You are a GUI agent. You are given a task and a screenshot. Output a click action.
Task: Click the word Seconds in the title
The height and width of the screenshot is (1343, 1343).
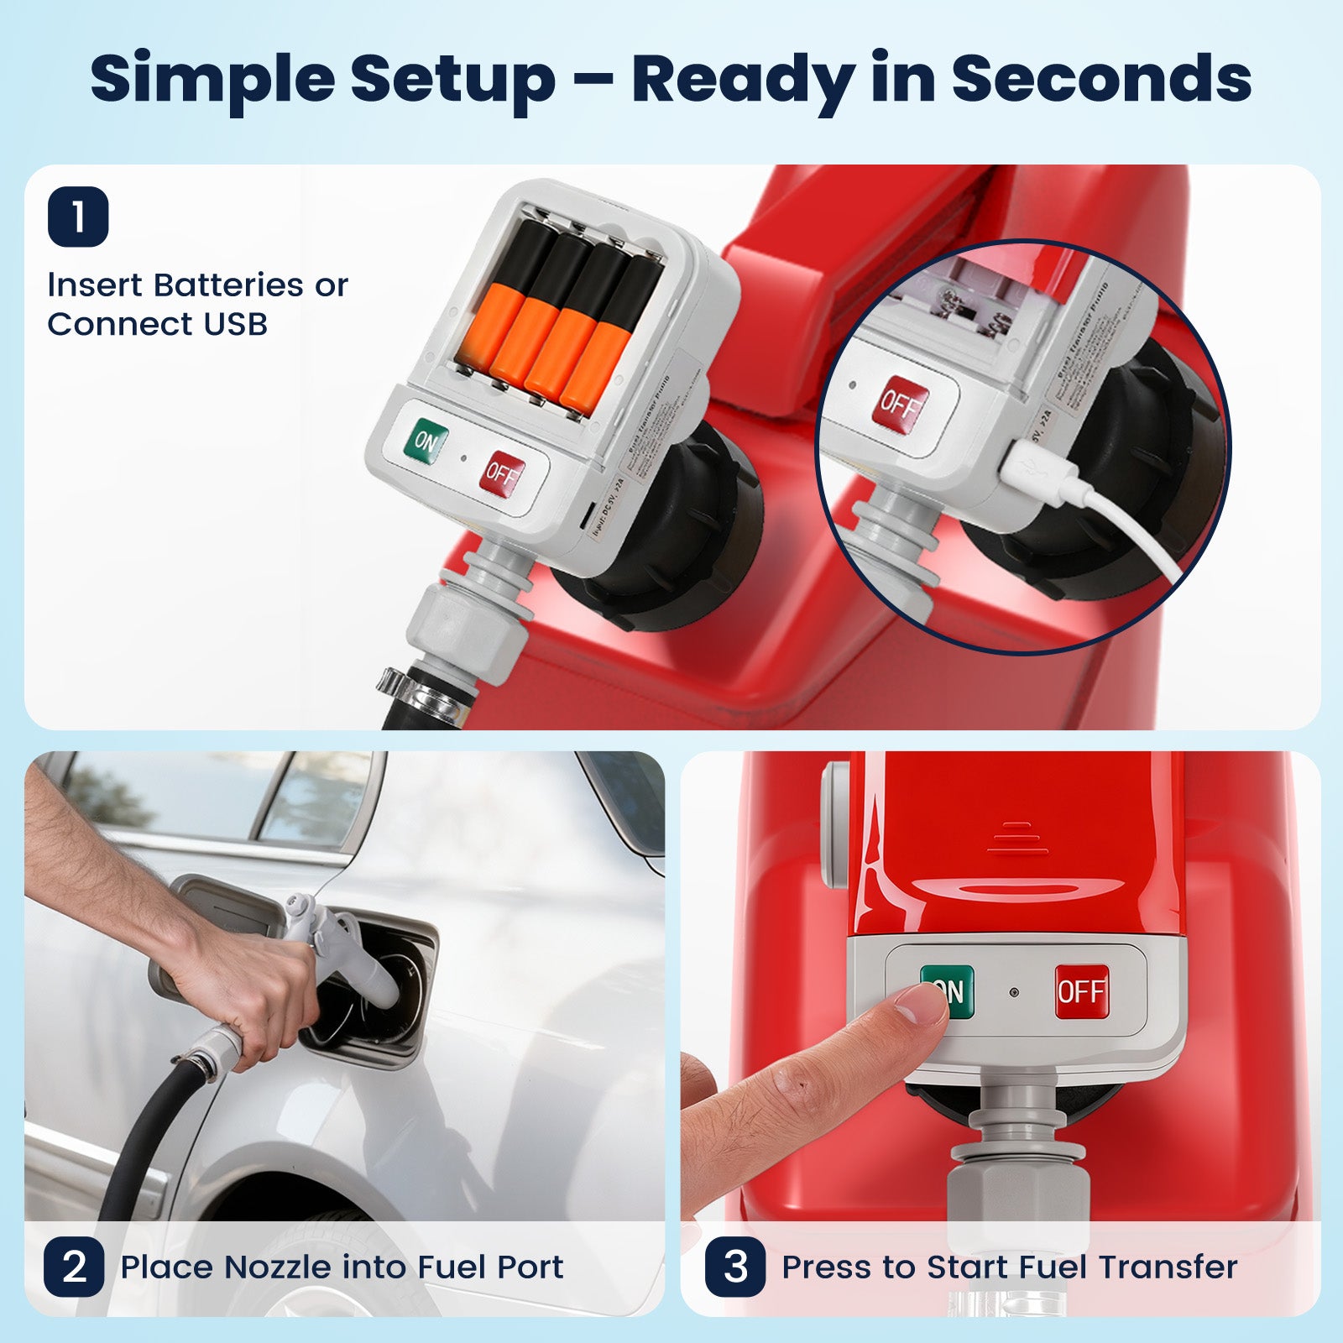click(x=1100, y=78)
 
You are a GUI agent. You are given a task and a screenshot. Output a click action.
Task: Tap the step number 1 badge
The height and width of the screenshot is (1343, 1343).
click(x=78, y=217)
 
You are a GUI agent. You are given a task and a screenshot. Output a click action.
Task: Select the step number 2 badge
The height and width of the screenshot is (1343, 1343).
click(x=74, y=1267)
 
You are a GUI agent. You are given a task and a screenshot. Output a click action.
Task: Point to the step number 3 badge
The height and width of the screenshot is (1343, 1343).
click(x=735, y=1267)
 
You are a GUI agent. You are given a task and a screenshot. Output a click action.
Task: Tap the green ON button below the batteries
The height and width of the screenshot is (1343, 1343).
click(x=426, y=441)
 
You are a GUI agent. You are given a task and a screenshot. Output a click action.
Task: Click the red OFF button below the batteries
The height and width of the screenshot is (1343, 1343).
click(x=502, y=474)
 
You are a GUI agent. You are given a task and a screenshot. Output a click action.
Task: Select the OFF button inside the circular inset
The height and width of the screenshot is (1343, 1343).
click(x=903, y=404)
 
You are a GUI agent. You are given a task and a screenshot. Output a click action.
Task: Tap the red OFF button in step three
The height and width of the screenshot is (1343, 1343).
click(x=1081, y=991)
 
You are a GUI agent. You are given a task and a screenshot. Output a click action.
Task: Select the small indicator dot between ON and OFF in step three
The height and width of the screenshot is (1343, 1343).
click(x=1014, y=992)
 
